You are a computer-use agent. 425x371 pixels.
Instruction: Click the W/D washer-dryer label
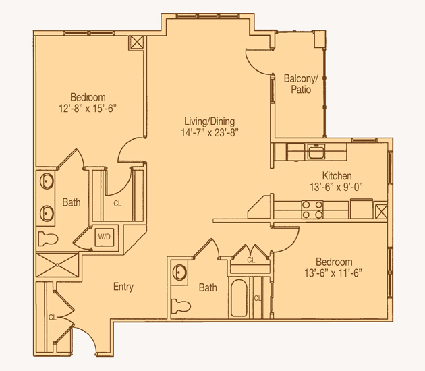[105, 237]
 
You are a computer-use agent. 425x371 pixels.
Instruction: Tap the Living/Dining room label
[210, 121]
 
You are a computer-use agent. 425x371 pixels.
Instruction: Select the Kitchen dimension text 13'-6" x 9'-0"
[336, 187]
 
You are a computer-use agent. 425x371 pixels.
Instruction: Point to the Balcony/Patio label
[301, 84]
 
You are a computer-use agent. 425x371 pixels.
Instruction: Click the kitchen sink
[316, 152]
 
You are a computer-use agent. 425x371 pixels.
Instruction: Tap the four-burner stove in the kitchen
[312, 210]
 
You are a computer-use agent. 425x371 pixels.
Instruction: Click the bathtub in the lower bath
[239, 298]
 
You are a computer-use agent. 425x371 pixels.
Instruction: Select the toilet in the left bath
[48, 239]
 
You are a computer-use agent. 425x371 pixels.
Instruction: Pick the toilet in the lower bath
[181, 306]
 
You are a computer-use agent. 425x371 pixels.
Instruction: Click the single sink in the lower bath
[179, 273]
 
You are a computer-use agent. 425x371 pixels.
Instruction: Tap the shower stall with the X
[57, 265]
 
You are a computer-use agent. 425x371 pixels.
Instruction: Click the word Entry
[123, 287]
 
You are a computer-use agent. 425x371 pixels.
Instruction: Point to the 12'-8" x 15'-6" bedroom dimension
[88, 109]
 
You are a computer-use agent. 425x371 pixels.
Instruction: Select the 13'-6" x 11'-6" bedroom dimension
[333, 273]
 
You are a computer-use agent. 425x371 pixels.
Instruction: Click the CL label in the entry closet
[53, 317]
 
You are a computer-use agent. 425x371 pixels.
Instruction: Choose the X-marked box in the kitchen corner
[381, 211]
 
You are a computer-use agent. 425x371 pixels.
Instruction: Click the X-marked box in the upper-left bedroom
[137, 42]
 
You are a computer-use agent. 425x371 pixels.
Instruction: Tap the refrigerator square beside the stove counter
[362, 208]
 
